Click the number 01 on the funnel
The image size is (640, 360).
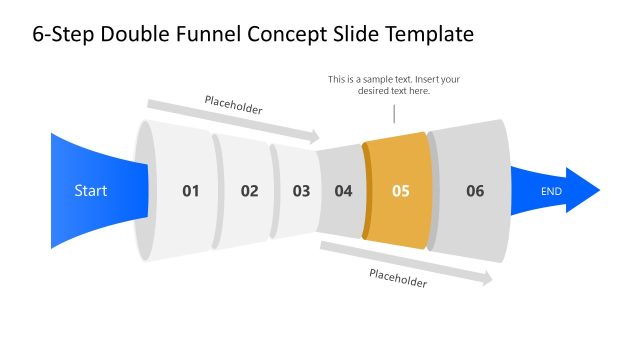coord(191,190)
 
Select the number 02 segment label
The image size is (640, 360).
coord(249,190)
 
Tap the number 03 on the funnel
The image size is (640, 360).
coord(301,190)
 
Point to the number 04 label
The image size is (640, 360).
coord(343,190)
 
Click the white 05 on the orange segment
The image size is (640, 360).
coord(400,190)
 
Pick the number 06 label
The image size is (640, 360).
coord(475,190)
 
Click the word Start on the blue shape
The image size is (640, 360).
coord(90,190)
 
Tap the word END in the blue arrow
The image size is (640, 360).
coord(551,190)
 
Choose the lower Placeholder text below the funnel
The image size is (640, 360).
coord(397,279)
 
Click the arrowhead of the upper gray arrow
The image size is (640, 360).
coord(315,137)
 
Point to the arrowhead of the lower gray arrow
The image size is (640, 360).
coord(488,280)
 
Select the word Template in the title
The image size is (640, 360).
coord(423,35)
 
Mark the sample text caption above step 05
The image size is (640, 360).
coord(394,85)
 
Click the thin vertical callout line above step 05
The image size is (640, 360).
coord(394,113)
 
